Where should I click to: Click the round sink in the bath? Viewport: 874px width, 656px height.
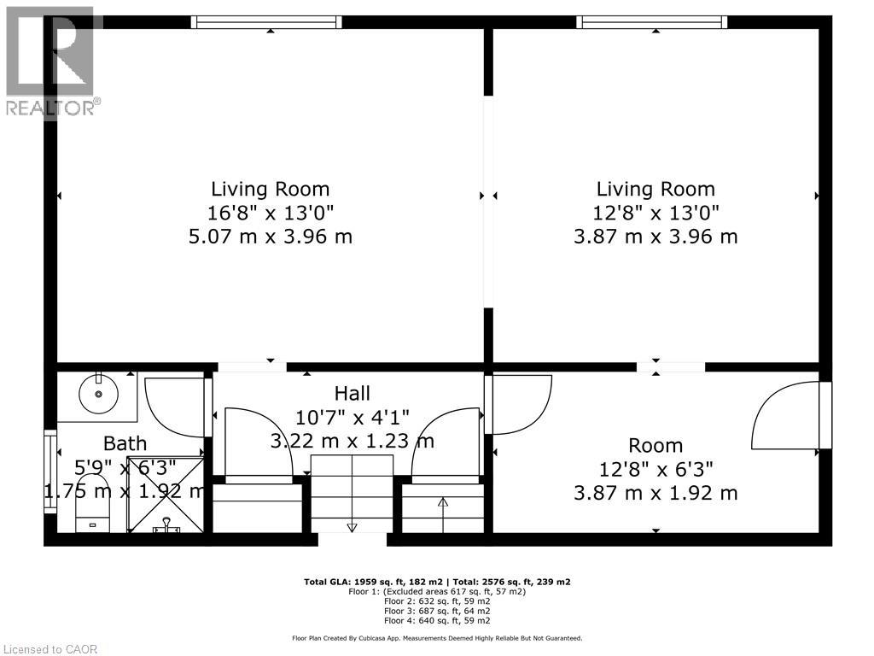click(99, 394)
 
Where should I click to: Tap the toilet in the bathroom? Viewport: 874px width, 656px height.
click(92, 502)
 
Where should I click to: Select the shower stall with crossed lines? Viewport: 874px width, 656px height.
click(166, 495)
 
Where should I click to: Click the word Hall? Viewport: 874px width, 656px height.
click(352, 393)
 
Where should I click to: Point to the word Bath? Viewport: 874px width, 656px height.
click(125, 443)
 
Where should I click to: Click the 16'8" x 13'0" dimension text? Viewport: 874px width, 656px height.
click(271, 213)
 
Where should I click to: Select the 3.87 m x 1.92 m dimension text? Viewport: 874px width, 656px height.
click(655, 493)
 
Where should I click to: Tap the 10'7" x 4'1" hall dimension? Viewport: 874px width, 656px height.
click(352, 417)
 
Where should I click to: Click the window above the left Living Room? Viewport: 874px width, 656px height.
click(266, 21)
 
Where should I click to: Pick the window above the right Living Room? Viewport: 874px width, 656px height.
click(651, 21)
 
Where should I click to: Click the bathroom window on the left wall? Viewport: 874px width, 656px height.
click(50, 471)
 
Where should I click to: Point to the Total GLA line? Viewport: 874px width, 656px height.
click(437, 582)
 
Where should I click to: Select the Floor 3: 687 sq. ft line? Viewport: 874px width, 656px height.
click(437, 611)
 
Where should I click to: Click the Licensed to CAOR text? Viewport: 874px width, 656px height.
click(50, 649)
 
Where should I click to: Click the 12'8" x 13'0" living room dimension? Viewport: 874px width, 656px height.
click(655, 213)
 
